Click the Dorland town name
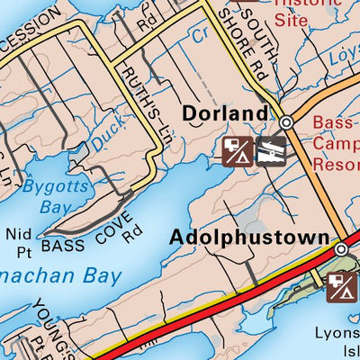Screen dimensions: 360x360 click(x=225, y=114)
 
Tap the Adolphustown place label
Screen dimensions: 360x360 click(x=249, y=238)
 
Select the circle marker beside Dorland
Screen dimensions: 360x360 click(x=286, y=122)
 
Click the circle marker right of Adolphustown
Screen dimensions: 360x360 click(x=341, y=248)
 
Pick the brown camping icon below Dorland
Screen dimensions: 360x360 click(x=237, y=151)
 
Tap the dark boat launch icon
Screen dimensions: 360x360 click(x=271, y=151)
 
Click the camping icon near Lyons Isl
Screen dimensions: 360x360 click(x=343, y=288)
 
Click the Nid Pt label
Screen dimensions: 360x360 click(x=19, y=240)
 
